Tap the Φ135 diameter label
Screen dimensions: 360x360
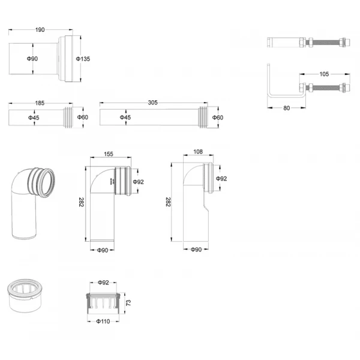(82, 58)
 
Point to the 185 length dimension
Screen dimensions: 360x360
(39, 103)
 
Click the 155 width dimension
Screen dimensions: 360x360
(109, 154)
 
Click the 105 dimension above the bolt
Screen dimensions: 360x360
(323, 74)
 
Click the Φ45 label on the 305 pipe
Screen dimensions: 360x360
(125, 118)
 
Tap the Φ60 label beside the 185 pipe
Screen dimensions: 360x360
(82, 118)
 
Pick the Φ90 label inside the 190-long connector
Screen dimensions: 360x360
(32, 58)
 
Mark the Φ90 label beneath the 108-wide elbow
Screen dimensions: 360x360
(195, 249)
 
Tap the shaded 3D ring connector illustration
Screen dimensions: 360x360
(26, 295)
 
